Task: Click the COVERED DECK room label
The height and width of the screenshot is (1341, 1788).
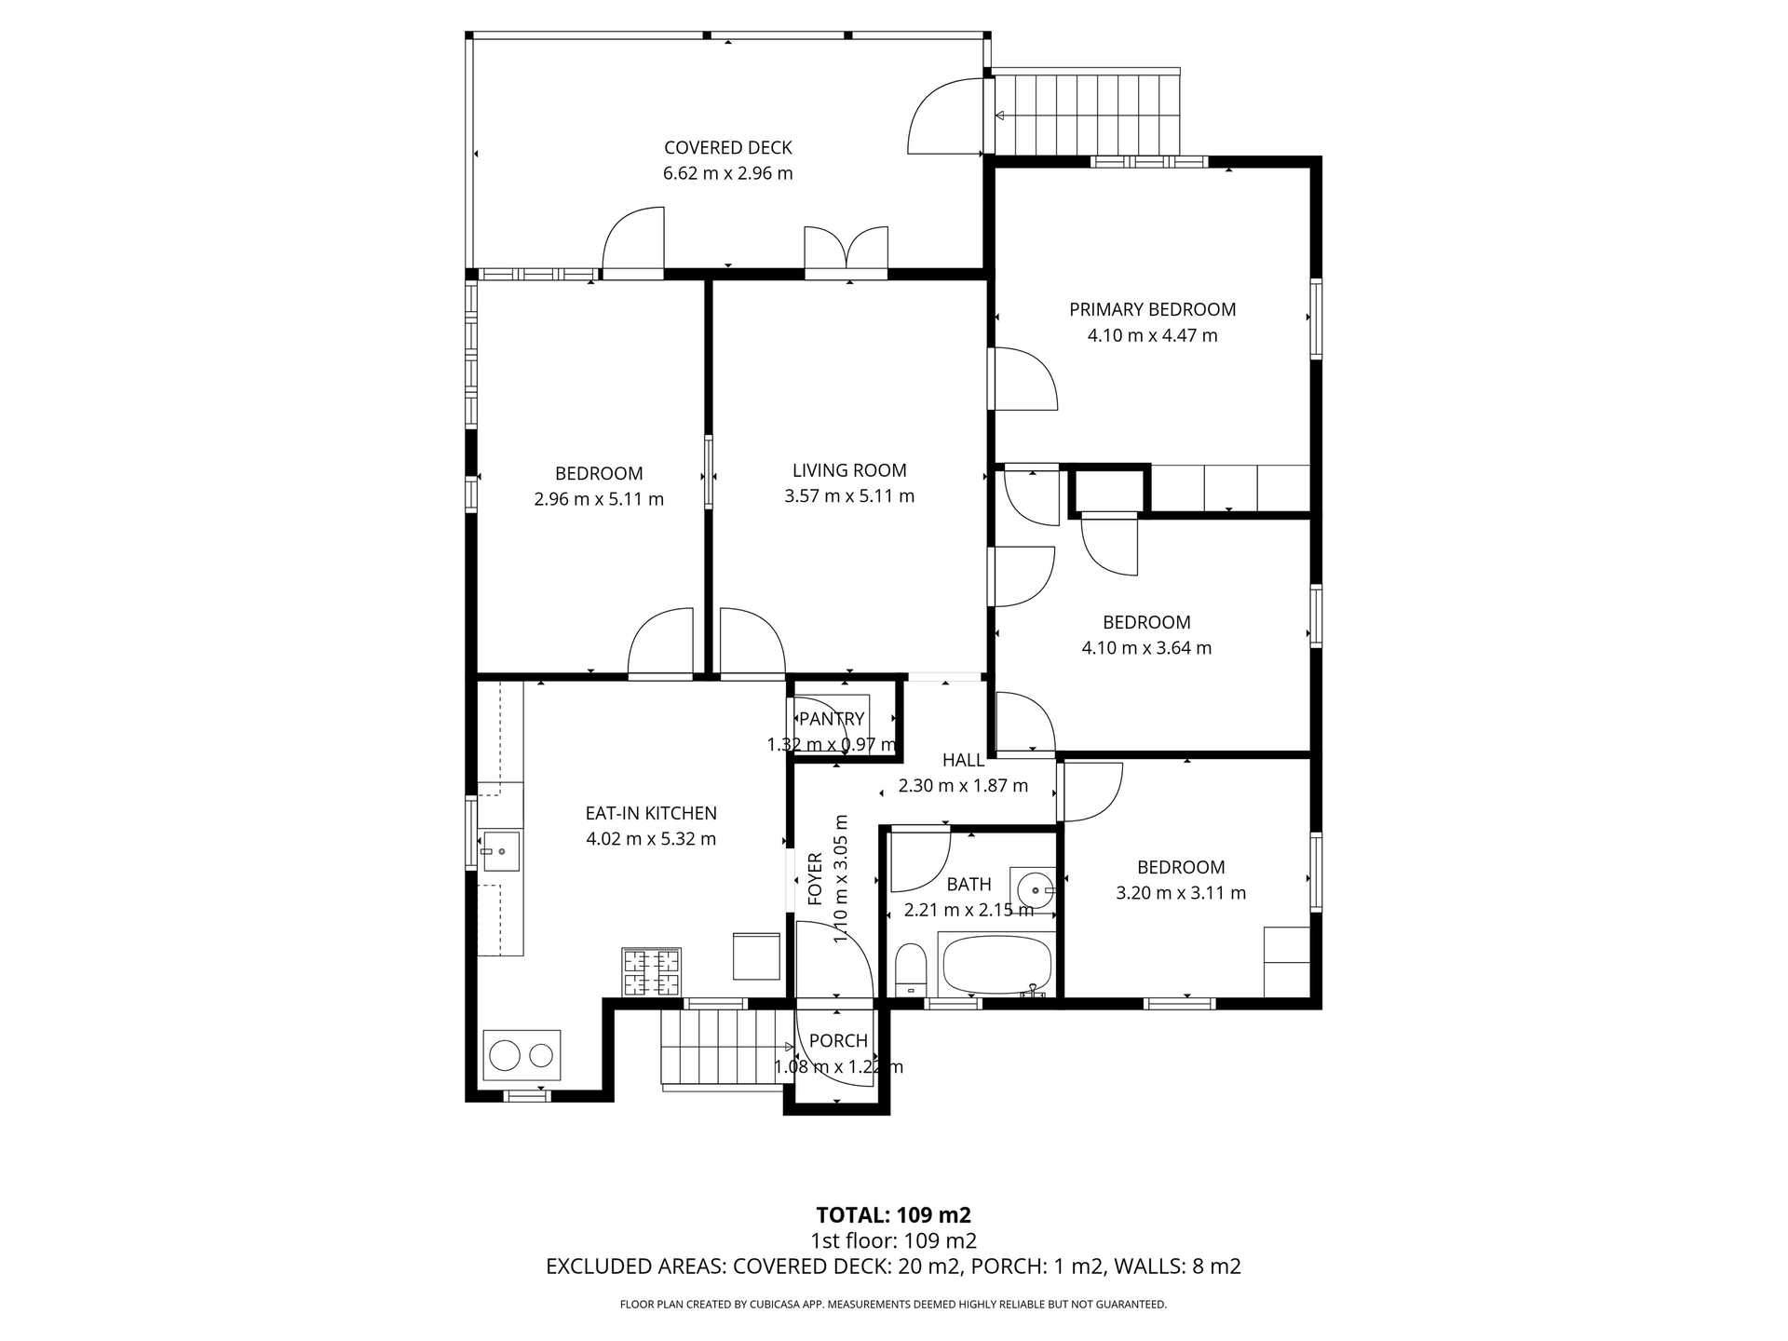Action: click(727, 148)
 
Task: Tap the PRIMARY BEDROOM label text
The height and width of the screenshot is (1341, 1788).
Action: click(1152, 310)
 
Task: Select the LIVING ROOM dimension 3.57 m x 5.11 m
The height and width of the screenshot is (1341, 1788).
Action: click(848, 496)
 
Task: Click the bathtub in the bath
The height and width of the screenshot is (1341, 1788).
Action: click(996, 966)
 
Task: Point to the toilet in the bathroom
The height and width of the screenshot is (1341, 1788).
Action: click(911, 969)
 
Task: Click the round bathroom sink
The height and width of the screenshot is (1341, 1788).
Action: click(1034, 890)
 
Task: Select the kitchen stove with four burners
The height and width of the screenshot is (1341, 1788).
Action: click(651, 972)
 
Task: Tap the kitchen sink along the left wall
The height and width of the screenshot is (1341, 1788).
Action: click(500, 851)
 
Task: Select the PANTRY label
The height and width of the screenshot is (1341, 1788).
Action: click(832, 719)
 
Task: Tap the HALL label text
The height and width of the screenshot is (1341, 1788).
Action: click(963, 760)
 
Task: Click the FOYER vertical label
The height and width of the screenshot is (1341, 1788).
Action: click(816, 878)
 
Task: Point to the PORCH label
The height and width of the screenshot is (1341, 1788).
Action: click(838, 1041)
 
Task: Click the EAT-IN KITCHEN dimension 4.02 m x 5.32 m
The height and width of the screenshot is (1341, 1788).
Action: click(651, 839)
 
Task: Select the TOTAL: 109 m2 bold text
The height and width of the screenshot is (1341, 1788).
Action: click(893, 1215)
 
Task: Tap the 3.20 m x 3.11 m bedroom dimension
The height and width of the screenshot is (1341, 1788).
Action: click(1181, 893)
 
